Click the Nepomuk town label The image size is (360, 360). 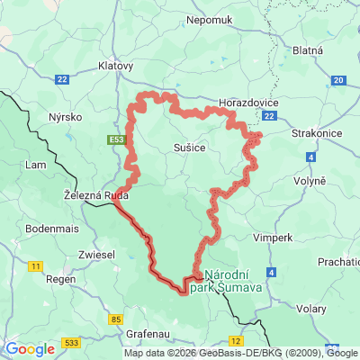pyautogui.click(x=211, y=19)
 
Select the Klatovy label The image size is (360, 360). pyautogui.click(x=115, y=66)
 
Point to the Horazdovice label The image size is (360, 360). pyautogui.click(x=248, y=103)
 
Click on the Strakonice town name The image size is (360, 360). pyautogui.click(x=316, y=134)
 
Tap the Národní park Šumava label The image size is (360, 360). pyautogui.click(x=232, y=281)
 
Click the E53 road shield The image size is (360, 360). pyautogui.click(x=115, y=140)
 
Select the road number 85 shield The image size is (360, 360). pyautogui.click(x=116, y=319)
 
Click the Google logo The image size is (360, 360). pyautogui.click(x=30, y=349)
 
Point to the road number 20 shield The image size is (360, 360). pyautogui.click(x=337, y=80)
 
